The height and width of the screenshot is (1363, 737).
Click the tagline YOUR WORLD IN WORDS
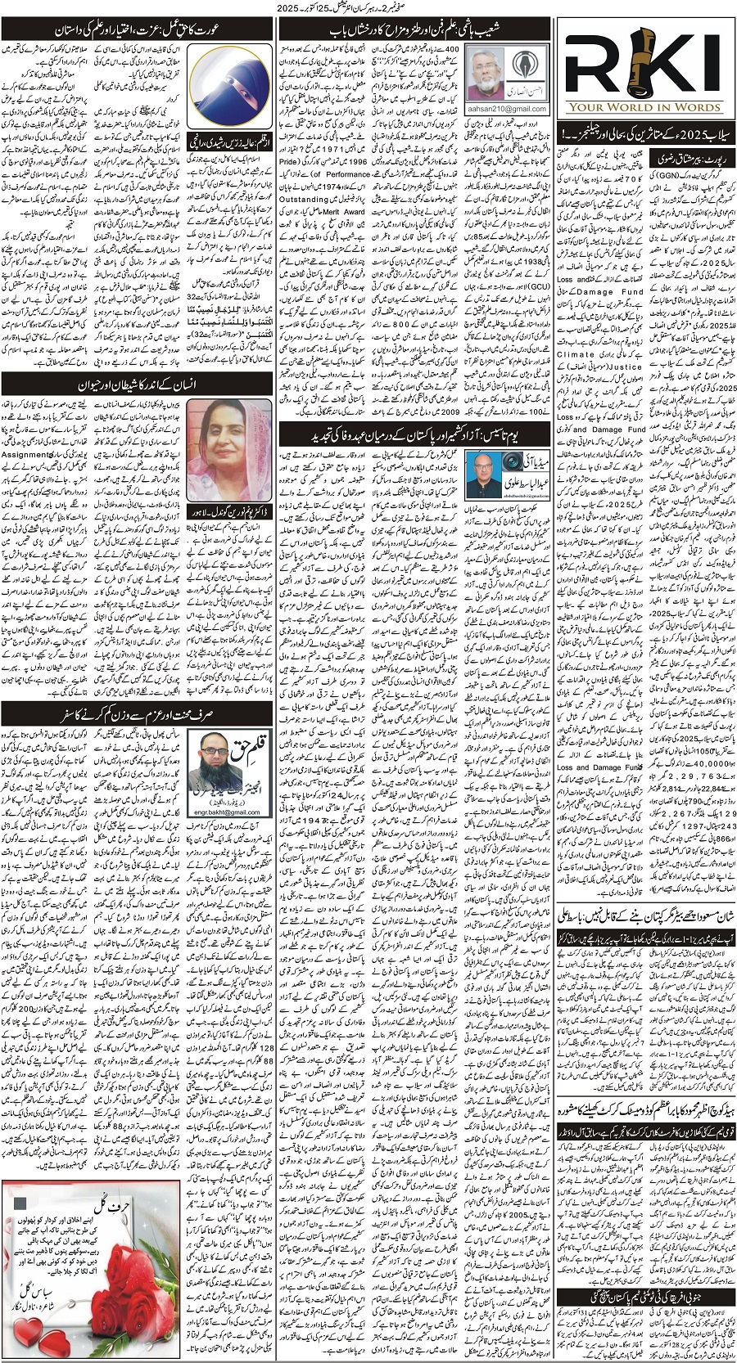[x=645, y=107]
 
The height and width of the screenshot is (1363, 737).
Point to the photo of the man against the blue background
[x=482, y=471]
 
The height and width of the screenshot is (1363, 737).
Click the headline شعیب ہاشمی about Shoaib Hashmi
[x=414, y=30]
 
